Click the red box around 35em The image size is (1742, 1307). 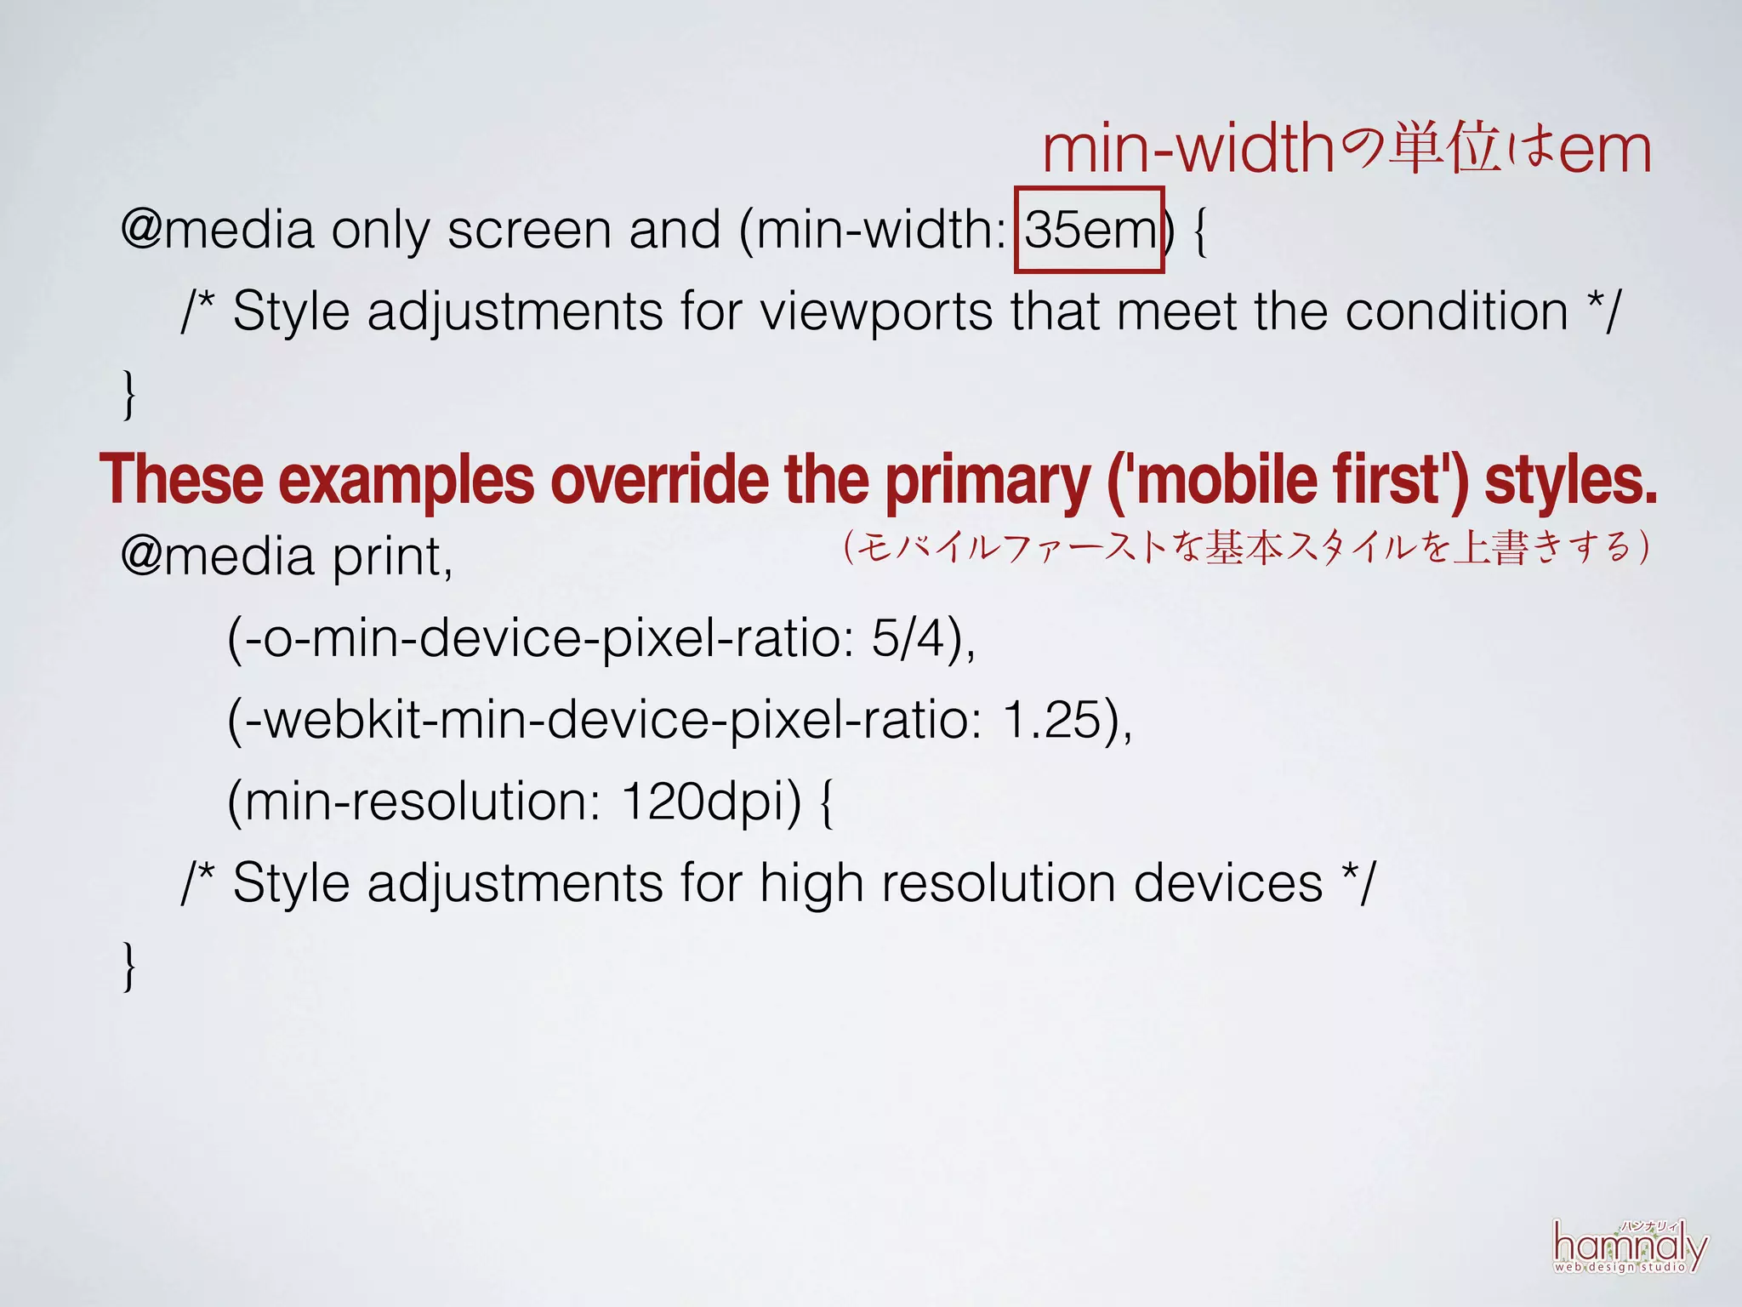tap(1090, 230)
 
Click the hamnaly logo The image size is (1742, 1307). tap(1629, 1247)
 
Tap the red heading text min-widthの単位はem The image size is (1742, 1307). tap(1346, 150)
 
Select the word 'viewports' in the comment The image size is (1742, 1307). tap(876, 311)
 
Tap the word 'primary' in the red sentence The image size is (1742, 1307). tap(987, 482)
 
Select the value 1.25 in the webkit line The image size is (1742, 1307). tap(1053, 719)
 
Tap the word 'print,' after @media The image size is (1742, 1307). tap(392, 557)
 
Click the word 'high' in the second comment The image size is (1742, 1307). tap(811, 883)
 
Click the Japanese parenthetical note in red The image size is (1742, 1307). tap(1246, 546)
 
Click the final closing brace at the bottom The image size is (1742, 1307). tap(129, 965)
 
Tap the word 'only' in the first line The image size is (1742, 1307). tap(380, 231)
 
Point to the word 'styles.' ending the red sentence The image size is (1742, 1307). tap(1570, 480)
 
